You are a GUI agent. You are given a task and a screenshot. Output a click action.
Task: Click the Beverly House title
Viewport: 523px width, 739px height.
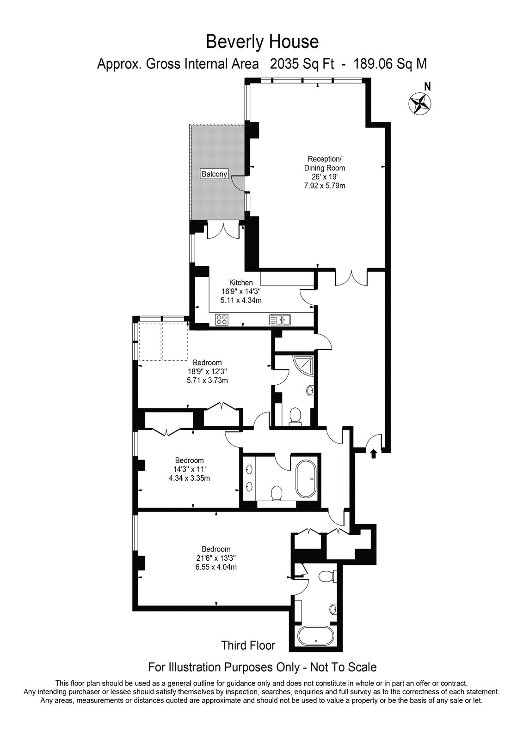pyautogui.click(x=262, y=42)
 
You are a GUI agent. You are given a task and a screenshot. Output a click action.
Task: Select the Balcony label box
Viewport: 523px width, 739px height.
pyautogui.click(x=214, y=174)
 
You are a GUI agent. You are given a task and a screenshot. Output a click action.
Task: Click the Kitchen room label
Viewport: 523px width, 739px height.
pyautogui.click(x=241, y=283)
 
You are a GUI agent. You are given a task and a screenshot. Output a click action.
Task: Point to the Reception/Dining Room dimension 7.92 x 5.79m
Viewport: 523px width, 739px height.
pyautogui.click(x=325, y=186)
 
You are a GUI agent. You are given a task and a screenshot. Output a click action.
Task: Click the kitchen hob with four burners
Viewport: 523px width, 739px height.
pyautogui.click(x=222, y=319)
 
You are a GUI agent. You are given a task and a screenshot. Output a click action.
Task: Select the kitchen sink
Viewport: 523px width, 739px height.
pyautogui.click(x=280, y=319)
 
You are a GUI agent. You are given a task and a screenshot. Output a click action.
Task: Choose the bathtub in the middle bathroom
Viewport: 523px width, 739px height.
pyautogui.click(x=306, y=479)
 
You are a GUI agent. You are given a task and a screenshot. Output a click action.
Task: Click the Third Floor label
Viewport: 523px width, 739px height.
pyautogui.click(x=248, y=645)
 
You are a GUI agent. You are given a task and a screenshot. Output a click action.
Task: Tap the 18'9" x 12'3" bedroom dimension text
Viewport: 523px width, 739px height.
pyautogui.click(x=207, y=371)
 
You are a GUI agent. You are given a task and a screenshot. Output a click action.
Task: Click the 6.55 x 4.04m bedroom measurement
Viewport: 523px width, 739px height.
pyautogui.click(x=216, y=567)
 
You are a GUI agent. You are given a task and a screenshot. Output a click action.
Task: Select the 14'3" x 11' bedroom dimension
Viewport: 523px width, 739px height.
pyautogui.click(x=189, y=469)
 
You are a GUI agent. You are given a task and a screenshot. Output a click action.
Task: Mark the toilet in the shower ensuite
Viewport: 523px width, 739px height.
pyautogui.click(x=295, y=416)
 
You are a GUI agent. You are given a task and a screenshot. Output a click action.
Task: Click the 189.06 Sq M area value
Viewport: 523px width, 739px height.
pyautogui.click(x=390, y=64)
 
